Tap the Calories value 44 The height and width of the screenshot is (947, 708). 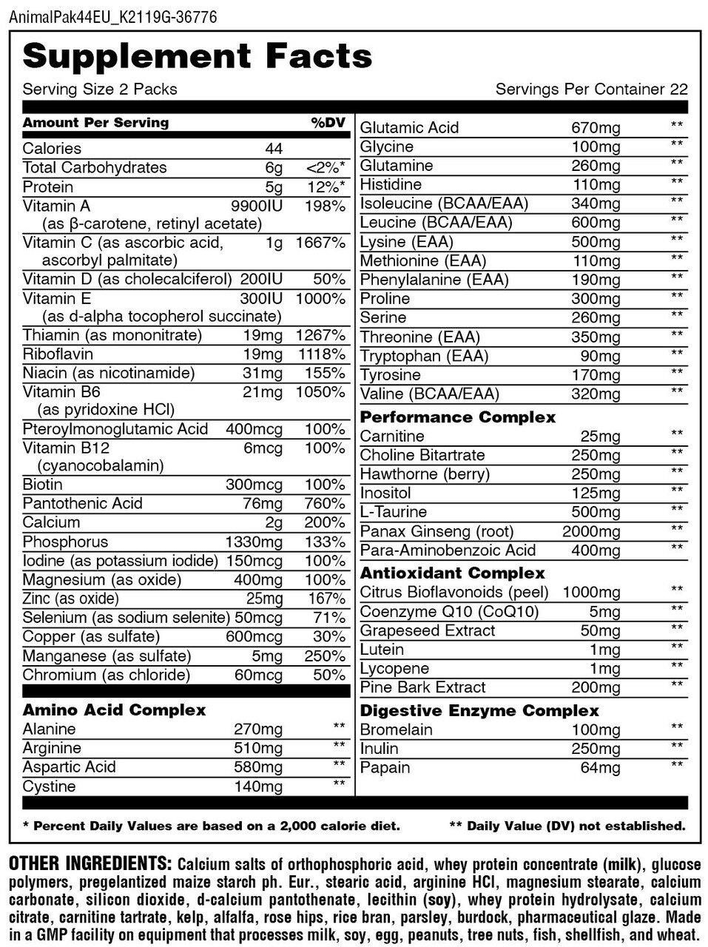[x=274, y=149]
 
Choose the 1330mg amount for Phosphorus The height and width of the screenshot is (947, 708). [x=254, y=542]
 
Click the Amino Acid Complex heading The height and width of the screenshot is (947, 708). [x=114, y=710]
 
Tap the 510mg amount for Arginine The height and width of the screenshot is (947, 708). [x=257, y=748]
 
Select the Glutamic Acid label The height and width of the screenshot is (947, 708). [x=409, y=127]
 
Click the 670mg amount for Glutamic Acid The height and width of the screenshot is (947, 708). [x=596, y=127]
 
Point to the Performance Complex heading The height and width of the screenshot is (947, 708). [x=457, y=417]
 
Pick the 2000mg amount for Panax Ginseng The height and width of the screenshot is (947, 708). [x=591, y=531]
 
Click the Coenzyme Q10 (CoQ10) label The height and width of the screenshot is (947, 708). [x=449, y=612]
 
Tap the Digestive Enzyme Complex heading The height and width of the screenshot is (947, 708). [x=479, y=711]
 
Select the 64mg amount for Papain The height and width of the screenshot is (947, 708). [x=600, y=768]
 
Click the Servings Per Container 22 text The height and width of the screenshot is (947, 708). [x=591, y=90]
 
